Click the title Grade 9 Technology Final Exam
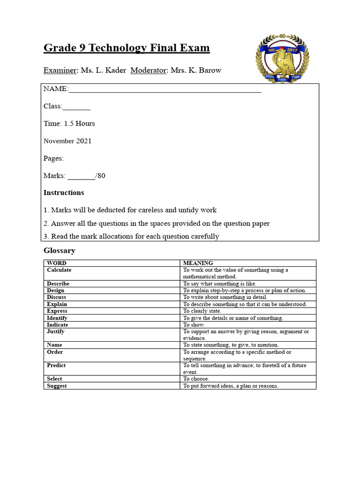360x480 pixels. [x=127, y=48]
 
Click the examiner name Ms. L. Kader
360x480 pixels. [x=103, y=70]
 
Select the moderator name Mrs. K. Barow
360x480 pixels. [x=195, y=70]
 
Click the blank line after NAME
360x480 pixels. [x=165, y=90]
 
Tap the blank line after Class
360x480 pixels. [x=76, y=107]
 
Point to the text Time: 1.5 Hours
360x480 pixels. [x=69, y=124]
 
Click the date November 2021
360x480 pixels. [x=67, y=141]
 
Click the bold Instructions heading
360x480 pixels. [x=64, y=193]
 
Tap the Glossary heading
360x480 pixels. [x=59, y=251]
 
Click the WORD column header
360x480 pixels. [x=57, y=263]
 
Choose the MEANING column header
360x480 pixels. [x=198, y=263]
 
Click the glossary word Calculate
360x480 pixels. [x=59, y=270]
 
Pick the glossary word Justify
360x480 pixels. [x=56, y=331]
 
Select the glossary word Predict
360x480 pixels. [x=56, y=365]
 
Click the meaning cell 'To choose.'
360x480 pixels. [x=196, y=379]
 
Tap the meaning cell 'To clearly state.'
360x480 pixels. [x=202, y=311]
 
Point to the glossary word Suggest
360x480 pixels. [x=57, y=386]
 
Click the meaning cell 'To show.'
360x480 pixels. [x=194, y=324]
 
